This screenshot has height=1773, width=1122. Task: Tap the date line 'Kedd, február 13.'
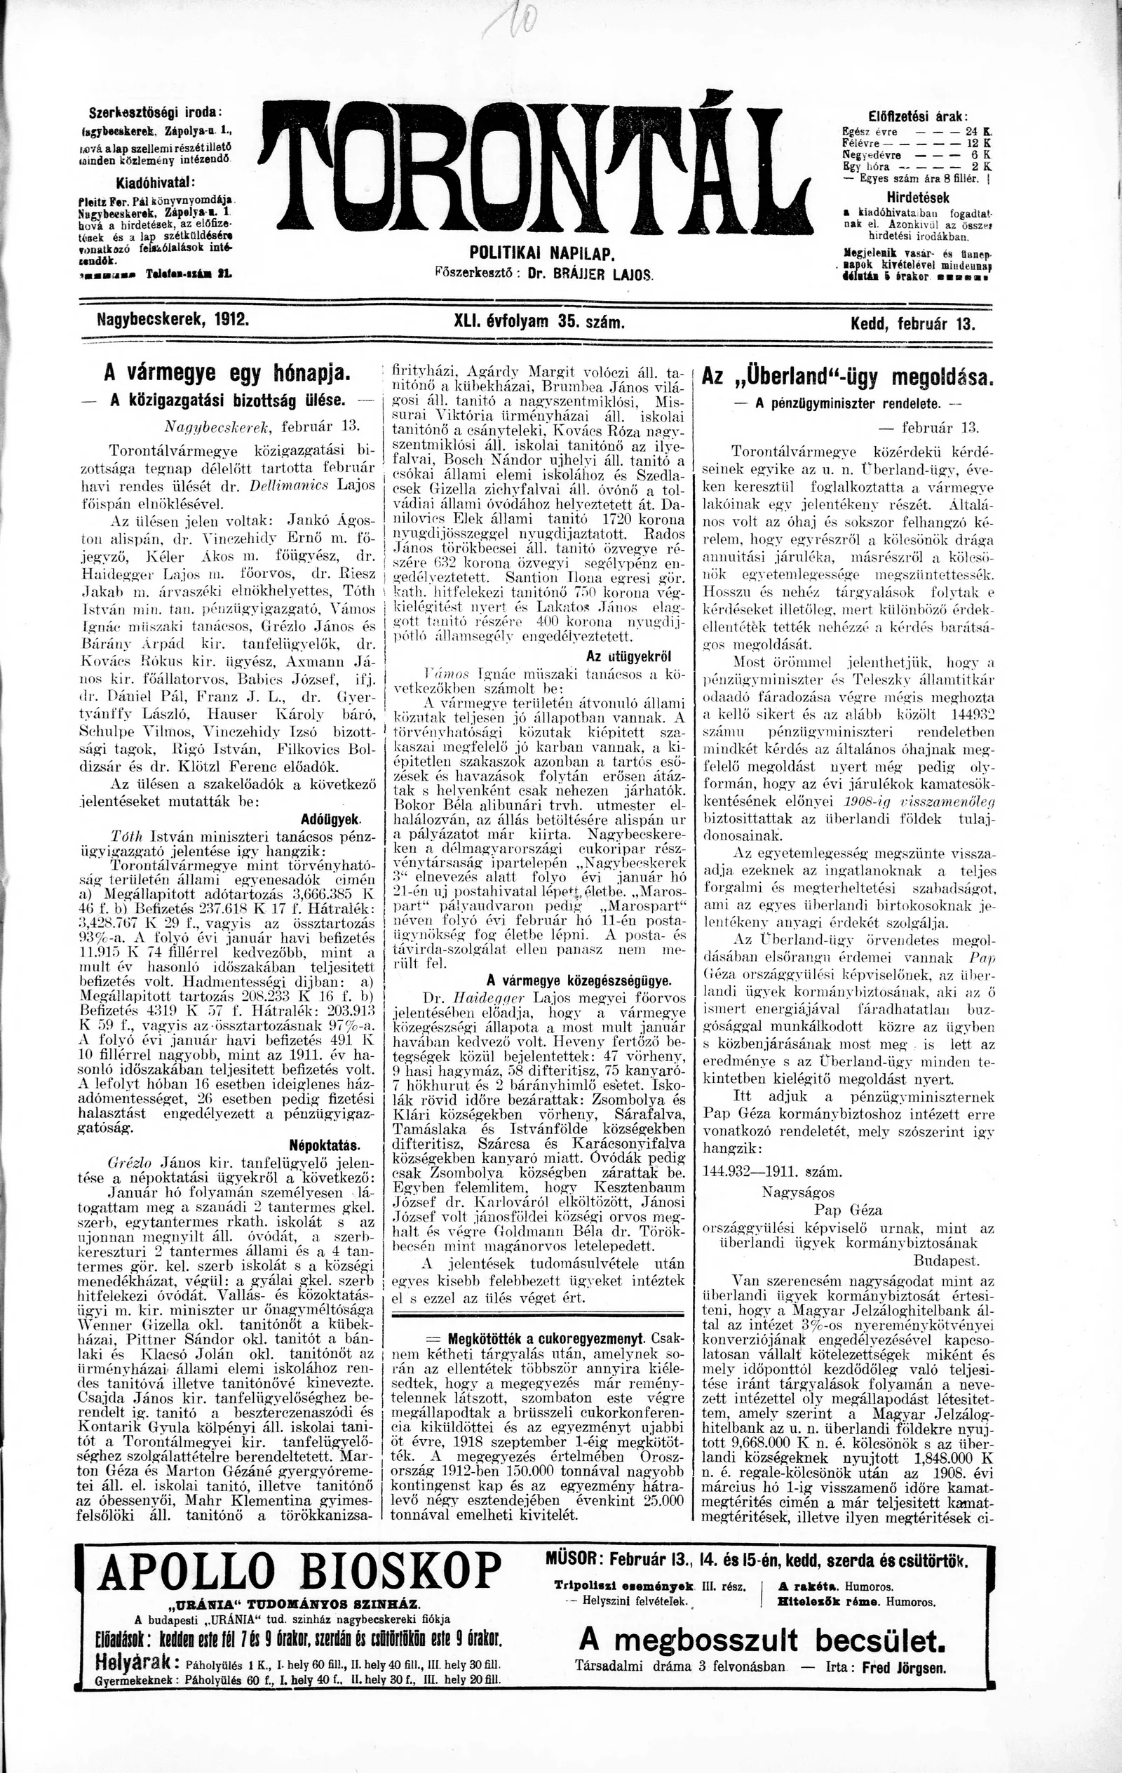coord(913,324)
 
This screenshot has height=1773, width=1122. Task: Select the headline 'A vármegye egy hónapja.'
coord(225,373)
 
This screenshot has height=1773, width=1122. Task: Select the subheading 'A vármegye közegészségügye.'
coord(579,980)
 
